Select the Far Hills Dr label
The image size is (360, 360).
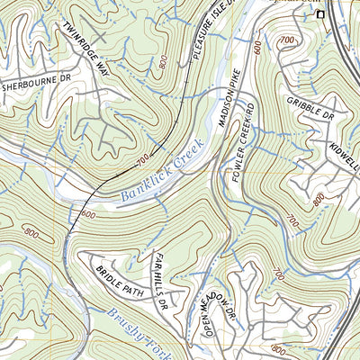(x=160, y=271)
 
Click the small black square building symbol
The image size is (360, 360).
(x=318, y=14)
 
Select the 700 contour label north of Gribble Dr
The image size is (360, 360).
(x=287, y=40)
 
